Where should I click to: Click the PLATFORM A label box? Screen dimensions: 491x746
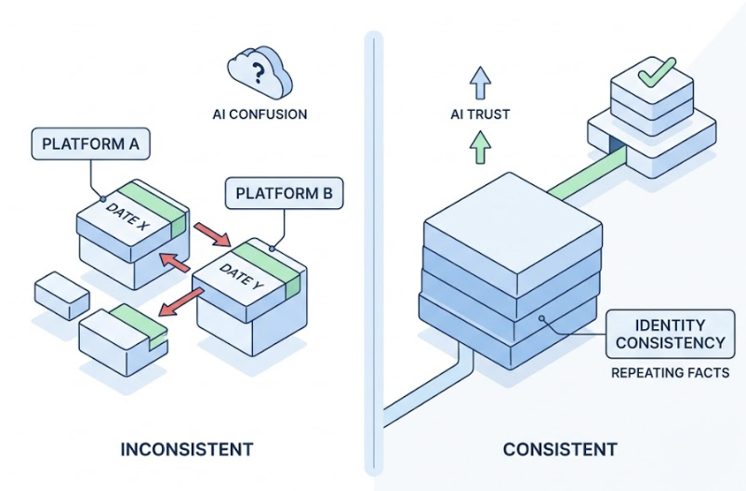tap(89, 145)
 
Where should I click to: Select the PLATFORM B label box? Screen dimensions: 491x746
tap(284, 194)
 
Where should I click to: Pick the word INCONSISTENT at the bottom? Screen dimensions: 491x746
tap(186, 449)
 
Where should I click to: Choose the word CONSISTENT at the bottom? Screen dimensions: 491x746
tap(560, 449)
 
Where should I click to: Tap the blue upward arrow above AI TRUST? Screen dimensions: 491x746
tap(479, 83)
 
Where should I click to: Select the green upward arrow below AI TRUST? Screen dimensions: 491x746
tap(479, 147)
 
